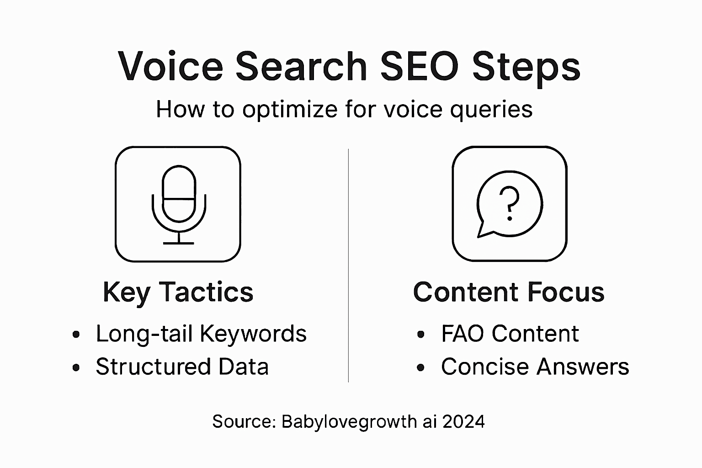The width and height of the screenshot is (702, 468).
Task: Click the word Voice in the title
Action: pyautogui.click(x=170, y=66)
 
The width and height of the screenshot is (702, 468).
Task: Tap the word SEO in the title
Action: pyautogui.click(x=420, y=66)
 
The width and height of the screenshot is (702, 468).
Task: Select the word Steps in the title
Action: pyautogui.click(x=526, y=69)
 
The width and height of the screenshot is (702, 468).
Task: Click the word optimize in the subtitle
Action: pyautogui.click(x=290, y=109)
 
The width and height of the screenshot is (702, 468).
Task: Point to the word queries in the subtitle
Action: pyautogui.click(x=491, y=110)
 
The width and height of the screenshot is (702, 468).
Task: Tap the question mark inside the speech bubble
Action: pyautogui.click(x=509, y=203)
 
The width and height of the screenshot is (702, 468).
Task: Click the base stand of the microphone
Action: pyautogui.click(x=179, y=243)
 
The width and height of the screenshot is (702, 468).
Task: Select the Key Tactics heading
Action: pyautogui.click(x=178, y=292)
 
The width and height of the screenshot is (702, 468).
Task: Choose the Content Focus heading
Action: pyautogui.click(x=509, y=292)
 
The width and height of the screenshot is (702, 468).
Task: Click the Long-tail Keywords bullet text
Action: pyautogui.click(x=201, y=334)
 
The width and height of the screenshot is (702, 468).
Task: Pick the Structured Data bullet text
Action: pyautogui.click(x=182, y=367)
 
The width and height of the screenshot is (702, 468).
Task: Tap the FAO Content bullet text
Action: pyautogui.click(x=510, y=333)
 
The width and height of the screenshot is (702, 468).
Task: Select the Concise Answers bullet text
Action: pyautogui.click(x=535, y=367)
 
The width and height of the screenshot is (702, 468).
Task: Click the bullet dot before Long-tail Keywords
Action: pyautogui.click(x=76, y=335)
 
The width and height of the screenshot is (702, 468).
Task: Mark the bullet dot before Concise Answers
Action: pyautogui.click(x=420, y=367)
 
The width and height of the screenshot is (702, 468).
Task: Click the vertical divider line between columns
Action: pyautogui.click(x=349, y=266)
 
